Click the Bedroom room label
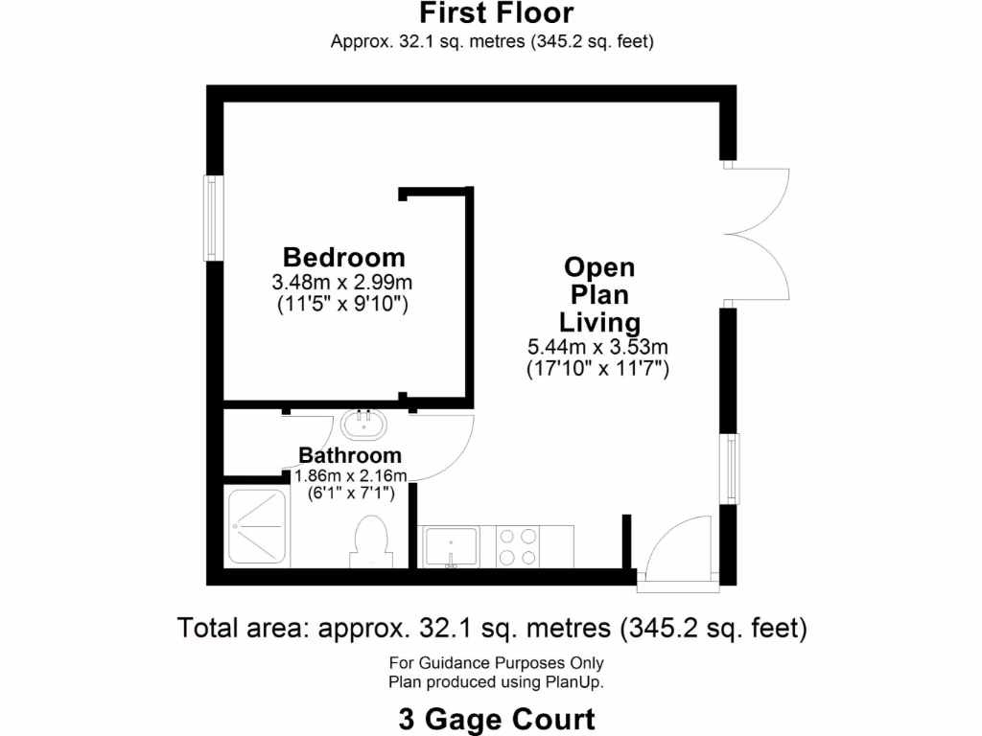343,257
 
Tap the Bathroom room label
350,455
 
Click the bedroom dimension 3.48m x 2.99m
342,283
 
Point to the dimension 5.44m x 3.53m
597,346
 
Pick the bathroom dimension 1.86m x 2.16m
351,476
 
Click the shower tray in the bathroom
255,527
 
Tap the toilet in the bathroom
370,541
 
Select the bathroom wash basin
363,422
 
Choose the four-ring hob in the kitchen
520,547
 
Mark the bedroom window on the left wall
212,218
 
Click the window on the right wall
732,467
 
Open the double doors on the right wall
758,235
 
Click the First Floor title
496,13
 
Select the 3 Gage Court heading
497,718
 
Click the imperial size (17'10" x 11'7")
597,368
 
